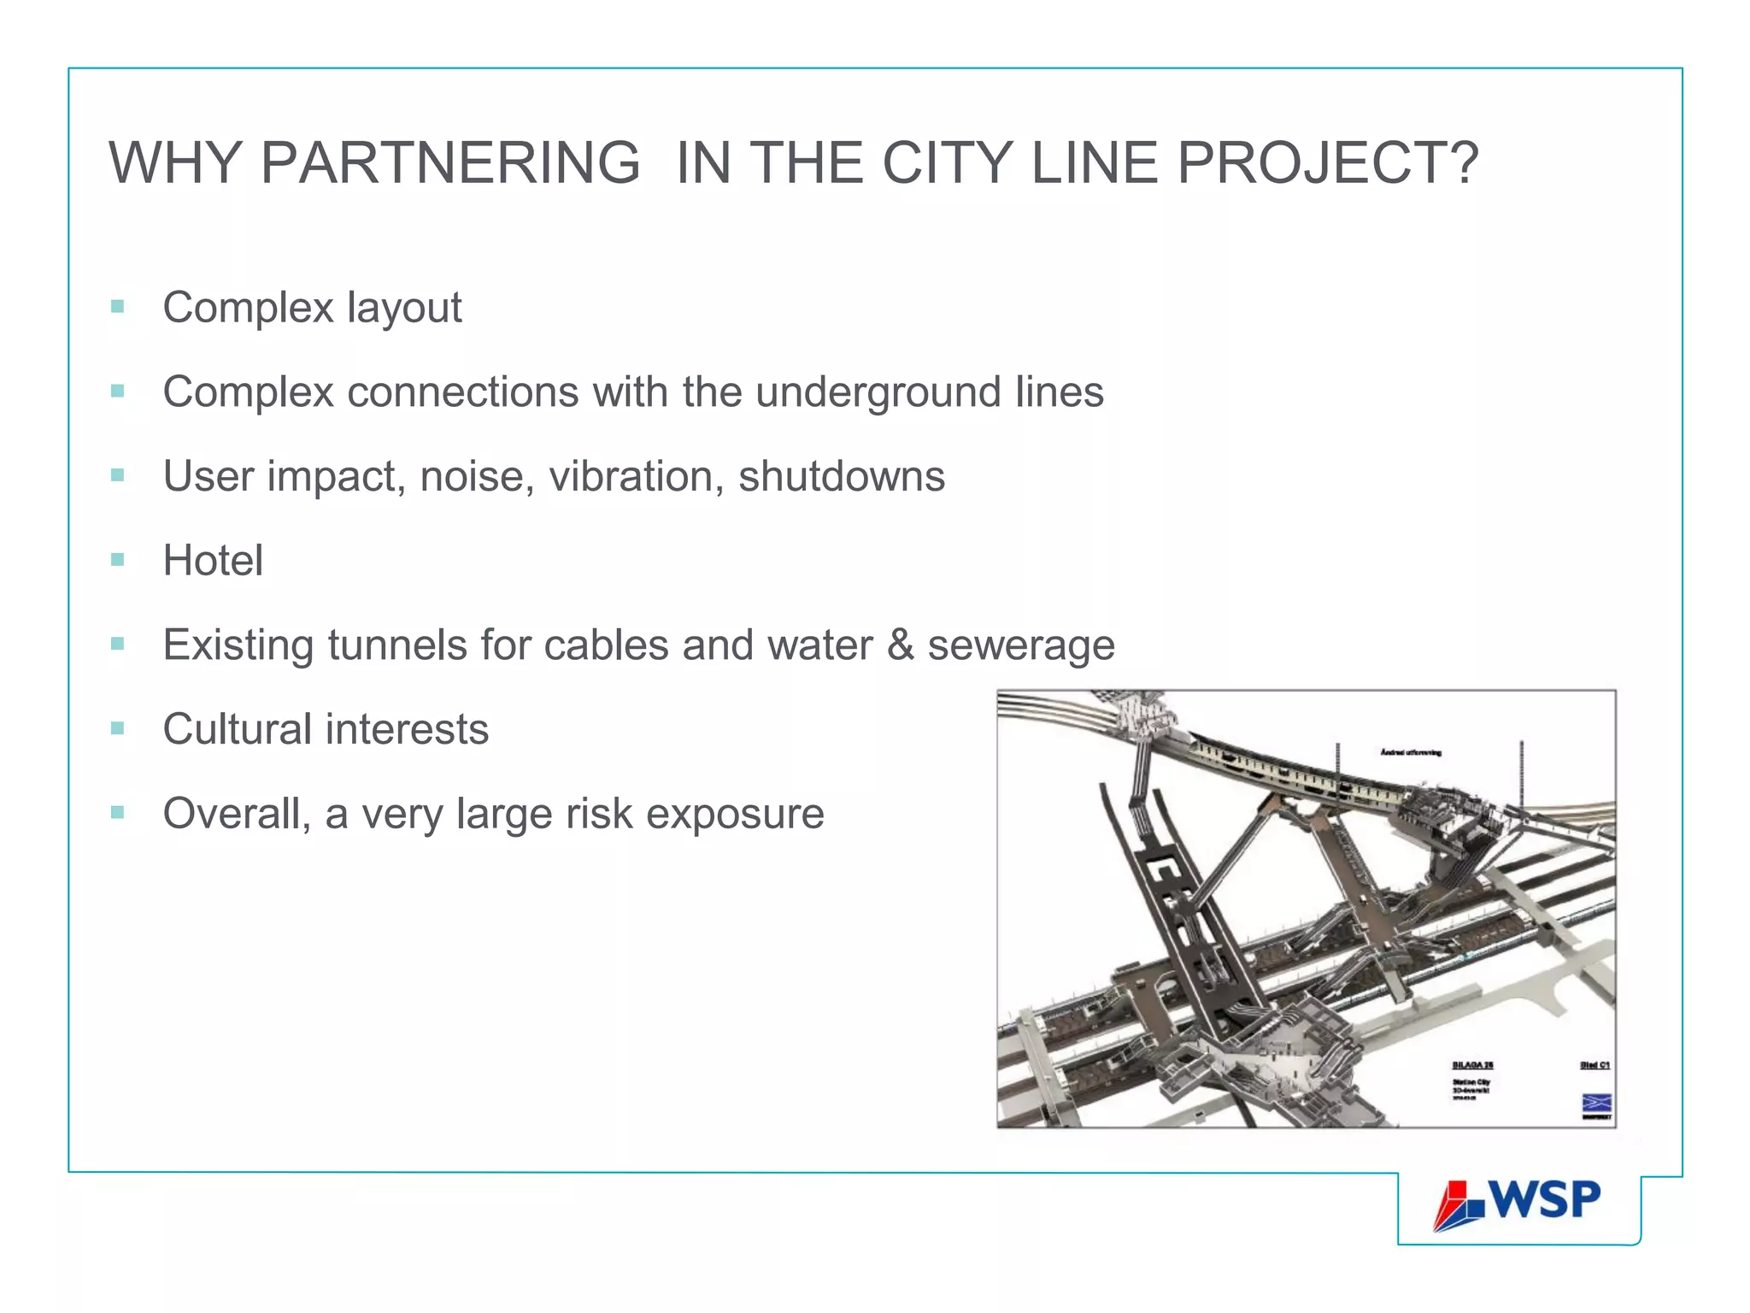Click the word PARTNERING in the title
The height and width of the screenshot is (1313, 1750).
point(450,162)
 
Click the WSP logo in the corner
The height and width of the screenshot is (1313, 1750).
point(1518,1204)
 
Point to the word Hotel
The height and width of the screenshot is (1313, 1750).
point(213,561)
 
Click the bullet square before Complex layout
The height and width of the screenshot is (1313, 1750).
point(118,307)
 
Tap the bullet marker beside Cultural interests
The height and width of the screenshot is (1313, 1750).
point(118,729)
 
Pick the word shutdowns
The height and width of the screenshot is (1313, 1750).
point(842,476)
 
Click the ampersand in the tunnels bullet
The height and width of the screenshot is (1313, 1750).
point(900,645)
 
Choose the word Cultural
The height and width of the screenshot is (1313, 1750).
point(237,729)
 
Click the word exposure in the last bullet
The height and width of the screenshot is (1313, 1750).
point(735,814)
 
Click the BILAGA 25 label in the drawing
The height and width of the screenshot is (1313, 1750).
point(1472,1065)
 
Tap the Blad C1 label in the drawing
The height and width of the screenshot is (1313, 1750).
point(1594,1065)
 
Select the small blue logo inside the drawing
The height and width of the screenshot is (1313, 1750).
point(1596,1103)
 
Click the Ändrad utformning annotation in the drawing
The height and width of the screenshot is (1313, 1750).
point(1411,752)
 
